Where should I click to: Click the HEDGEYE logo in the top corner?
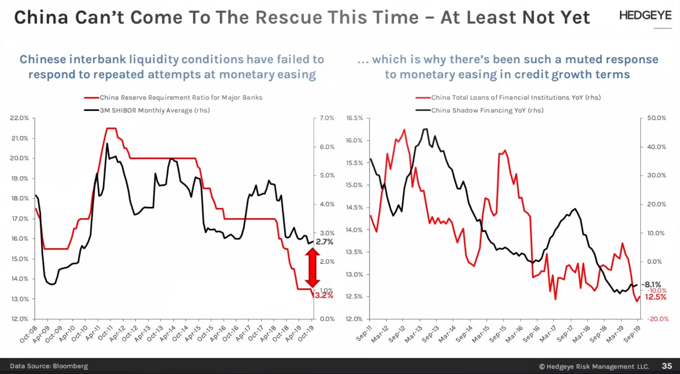[x=645, y=16]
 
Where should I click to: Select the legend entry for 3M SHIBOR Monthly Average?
[x=155, y=110]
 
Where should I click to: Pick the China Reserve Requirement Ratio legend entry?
[x=181, y=98]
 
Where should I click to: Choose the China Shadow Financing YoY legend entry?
[x=487, y=110]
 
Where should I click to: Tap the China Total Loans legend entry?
[x=516, y=98]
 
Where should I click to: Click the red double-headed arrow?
[x=312, y=268]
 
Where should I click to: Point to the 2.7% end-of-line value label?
[x=325, y=242]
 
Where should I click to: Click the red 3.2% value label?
[x=324, y=295]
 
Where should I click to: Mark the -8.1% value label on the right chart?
[x=652, y=284]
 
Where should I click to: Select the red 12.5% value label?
[x=655, y=297]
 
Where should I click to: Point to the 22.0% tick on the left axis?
[x=19, y=118]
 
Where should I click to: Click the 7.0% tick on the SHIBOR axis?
[x=327, y=118]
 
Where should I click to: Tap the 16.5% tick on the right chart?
[x=354, y=118]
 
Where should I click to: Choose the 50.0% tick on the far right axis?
[x=657, y=118]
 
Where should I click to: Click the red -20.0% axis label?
[x=658, y=319]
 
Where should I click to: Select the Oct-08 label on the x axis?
[x=29, y=334]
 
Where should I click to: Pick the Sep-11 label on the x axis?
[x=363, y=334]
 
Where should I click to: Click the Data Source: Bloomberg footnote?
[x=49, y=366]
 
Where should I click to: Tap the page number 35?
[x=667, y=366]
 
